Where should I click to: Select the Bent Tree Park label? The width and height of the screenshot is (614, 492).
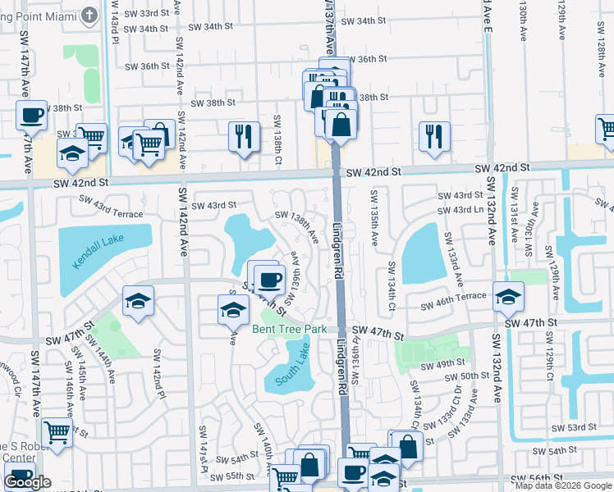pos(289,330)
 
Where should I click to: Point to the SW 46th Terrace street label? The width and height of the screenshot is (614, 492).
pos(454,306)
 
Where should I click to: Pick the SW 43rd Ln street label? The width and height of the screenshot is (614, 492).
pos(460,211)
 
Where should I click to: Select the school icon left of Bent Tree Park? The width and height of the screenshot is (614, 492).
pos(233,308)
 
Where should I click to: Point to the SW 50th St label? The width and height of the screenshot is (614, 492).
pos(474,376)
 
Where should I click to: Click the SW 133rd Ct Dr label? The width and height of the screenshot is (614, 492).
pos(456,407)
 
